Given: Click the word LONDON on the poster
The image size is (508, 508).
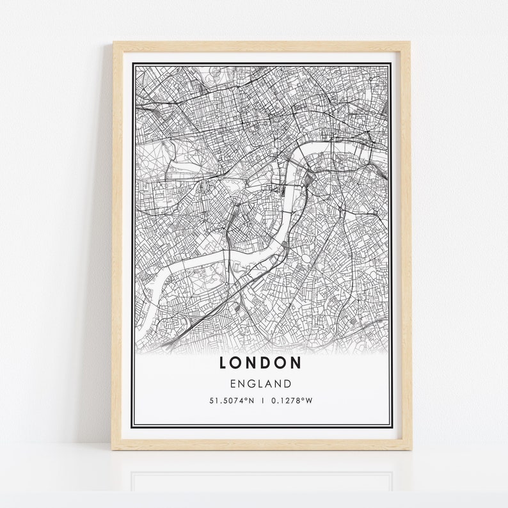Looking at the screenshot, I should (260, 363).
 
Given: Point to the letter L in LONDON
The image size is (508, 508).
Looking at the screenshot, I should (224, 363).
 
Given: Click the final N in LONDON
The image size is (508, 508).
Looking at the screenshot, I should (296, 363).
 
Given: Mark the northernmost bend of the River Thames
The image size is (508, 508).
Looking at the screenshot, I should (314, 143).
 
